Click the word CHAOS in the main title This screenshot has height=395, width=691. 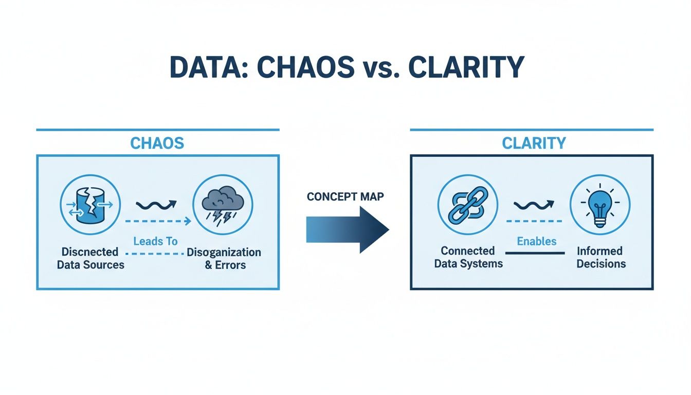click(293, 67)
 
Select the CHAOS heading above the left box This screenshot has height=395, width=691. click(157, 143)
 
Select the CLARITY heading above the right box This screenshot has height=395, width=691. click(534, 143)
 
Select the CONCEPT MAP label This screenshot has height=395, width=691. click(345, 197)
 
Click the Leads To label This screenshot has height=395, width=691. click(155, 241)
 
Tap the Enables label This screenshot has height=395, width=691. click(537, 241)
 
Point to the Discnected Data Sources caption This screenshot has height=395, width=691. click(90, 258)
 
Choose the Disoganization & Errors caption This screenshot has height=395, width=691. click(224, 258)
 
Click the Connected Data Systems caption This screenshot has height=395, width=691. click(468, 257)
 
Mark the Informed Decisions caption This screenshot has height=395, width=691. click(601, 257)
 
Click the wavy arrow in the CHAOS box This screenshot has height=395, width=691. click(156, 205)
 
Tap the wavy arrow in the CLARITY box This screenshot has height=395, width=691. click(535, 205)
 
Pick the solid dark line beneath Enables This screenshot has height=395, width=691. click(535, 253)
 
